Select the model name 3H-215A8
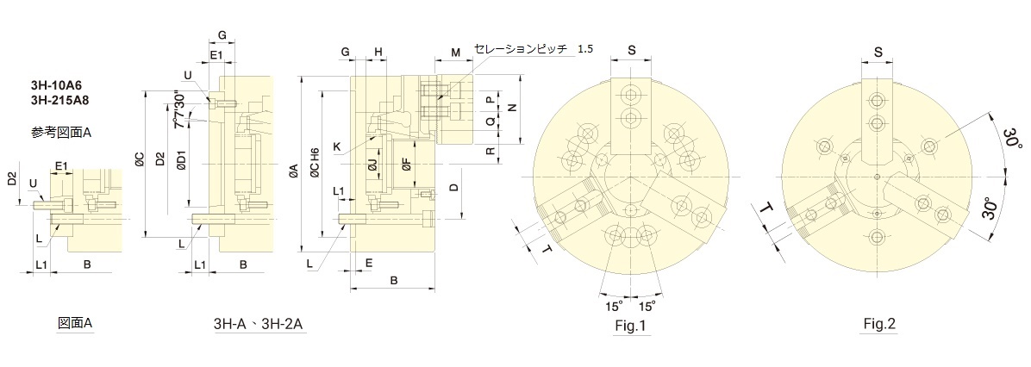(x=59, y=100)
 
